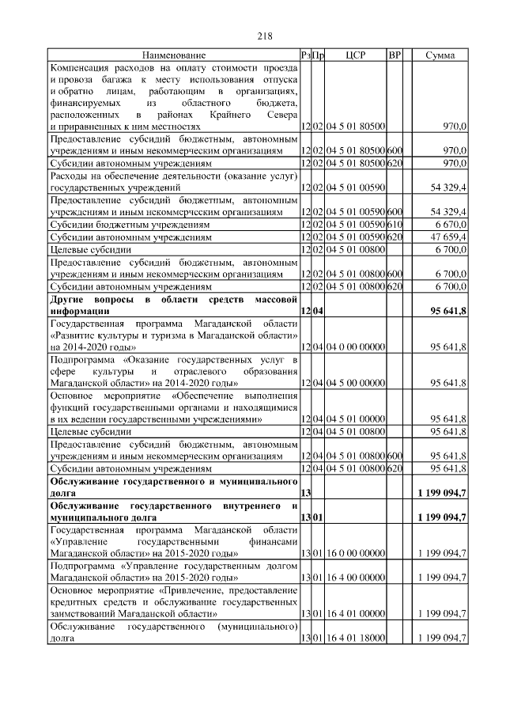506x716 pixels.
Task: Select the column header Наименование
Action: click(174, 55)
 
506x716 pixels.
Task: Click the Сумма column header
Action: click(440, 55)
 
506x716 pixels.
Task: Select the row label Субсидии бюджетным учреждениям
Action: click(130, 225)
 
